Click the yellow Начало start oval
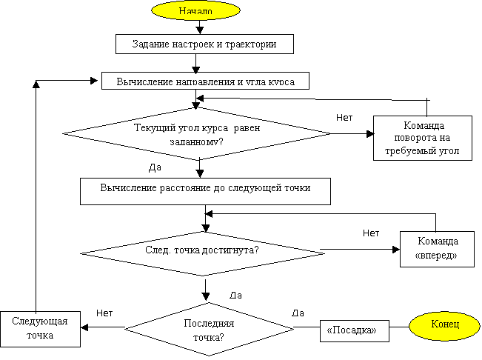click(x=195, y=11)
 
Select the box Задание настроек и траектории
click(x=204, y=44)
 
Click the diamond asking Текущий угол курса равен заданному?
click(x=196, y=133)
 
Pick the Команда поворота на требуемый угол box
click(x=422, y=137)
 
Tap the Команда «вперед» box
click(x=436, y=248)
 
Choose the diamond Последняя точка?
click(x=208, y=330)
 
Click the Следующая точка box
click(x=40, y=328)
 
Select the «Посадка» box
click(x=355, y=331)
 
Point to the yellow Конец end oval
click(x=445, y=324)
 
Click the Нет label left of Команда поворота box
click(x=347, y=116)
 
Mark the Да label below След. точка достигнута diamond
click(x=238, y=294)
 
